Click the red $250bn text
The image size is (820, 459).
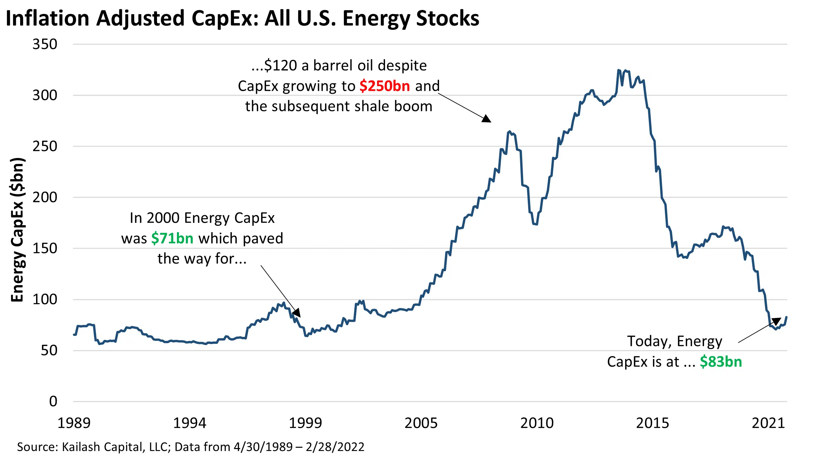[385, 86]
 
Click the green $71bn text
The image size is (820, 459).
[172, 238]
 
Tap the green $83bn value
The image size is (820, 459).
[721, 362]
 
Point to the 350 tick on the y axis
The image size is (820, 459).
[45, 44]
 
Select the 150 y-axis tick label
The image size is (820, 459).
[45, 248]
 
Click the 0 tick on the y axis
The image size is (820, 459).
[53, 401]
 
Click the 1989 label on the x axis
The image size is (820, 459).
[74, 423]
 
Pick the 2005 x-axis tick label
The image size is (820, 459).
[421, 423]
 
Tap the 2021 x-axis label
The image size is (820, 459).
[768, 423]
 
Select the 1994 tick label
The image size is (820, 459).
[190, 423]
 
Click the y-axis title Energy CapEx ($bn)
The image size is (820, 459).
[17, 229]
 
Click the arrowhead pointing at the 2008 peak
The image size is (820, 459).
[487, 119]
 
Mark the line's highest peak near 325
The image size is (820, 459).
[619, 71]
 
